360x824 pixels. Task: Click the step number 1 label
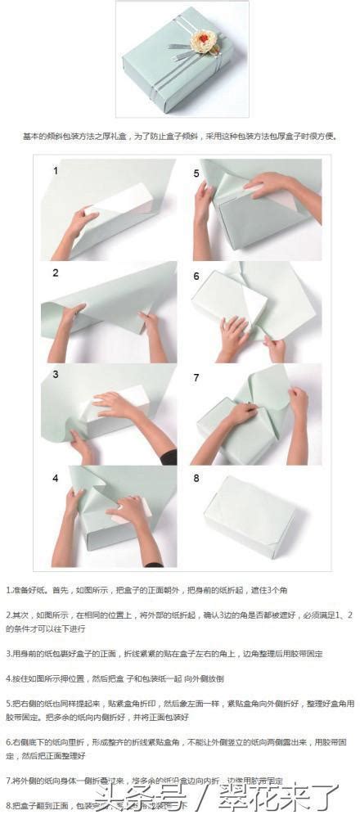(x=56, y=171)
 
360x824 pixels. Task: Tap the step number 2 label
(x=56, y=273)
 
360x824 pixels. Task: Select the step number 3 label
(x=56, y=375)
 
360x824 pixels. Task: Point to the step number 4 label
(x=56, y=478)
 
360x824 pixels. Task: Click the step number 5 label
(x=196, y=173)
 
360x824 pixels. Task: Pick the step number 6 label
(x=196, y=276)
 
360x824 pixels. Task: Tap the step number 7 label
(x=196, y=377)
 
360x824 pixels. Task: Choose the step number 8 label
(x=196, y=479)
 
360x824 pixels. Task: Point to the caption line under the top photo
(x=179, y=137)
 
